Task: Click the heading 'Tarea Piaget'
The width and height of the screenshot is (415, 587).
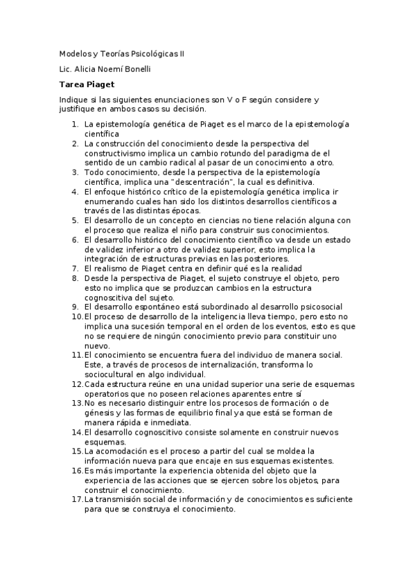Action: [x=85, y=84]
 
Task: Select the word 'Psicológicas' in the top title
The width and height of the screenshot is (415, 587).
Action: [x=150, y=53]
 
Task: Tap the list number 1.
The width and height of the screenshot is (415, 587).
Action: [x=75, y=124]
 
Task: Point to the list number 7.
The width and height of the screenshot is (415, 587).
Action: [x=75, y=268]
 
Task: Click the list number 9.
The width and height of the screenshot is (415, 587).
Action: [x=75, y=306]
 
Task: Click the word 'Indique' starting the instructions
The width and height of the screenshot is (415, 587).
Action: [x=73, y=100]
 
